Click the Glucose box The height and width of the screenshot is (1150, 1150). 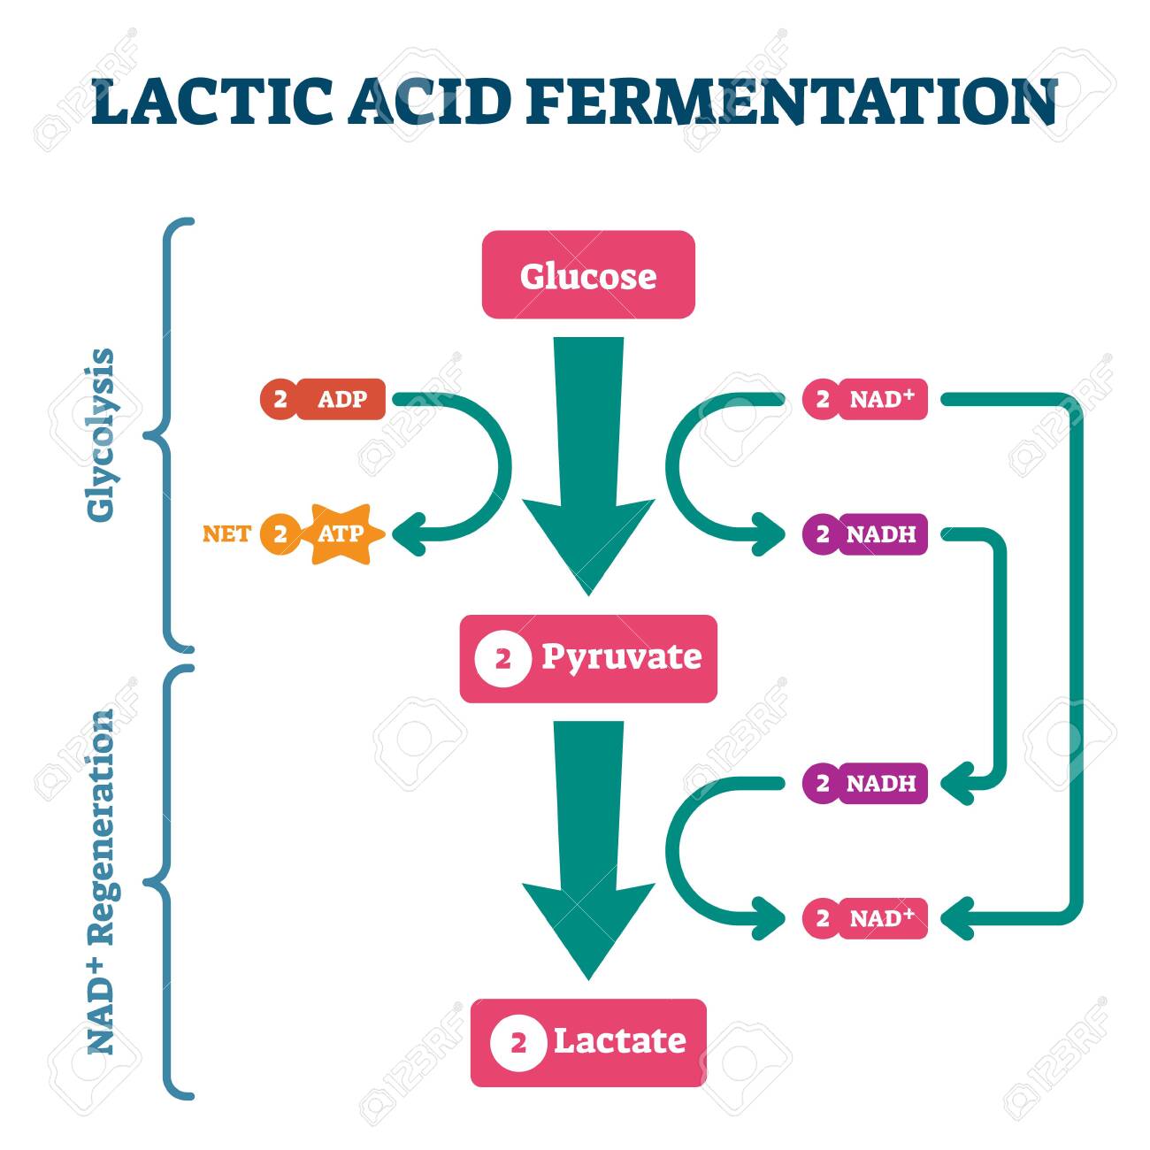tap(588, 275)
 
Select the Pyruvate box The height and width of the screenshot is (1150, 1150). tap(588, 658)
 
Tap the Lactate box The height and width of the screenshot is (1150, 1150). tap(588, 1042)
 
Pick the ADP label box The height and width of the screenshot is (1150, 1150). tap(341, 399)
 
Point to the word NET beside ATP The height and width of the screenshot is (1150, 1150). tap(226, 534)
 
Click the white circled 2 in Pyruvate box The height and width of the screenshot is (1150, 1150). tap(502, 659)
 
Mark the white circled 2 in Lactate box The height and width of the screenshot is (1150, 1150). tap(517, 1043)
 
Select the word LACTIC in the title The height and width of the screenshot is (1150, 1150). tap(212, 102)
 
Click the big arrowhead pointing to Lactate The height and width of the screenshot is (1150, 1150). tap(588, 929)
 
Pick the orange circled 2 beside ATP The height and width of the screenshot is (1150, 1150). tap(280, 534)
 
